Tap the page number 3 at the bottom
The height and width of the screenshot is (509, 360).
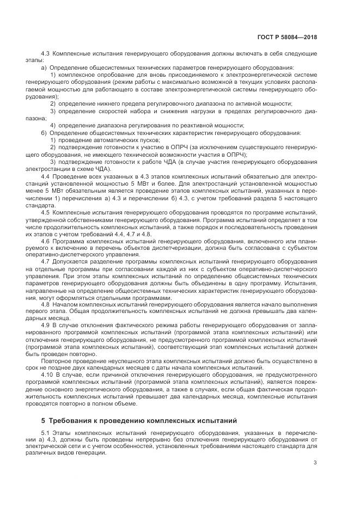[x=315, y=463]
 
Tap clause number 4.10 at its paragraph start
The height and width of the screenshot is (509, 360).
[x=47, y=375]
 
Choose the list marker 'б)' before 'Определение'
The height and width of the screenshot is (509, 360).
[x=44, y=132]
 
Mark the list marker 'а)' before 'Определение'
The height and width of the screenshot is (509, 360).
[x=44, y=68]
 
